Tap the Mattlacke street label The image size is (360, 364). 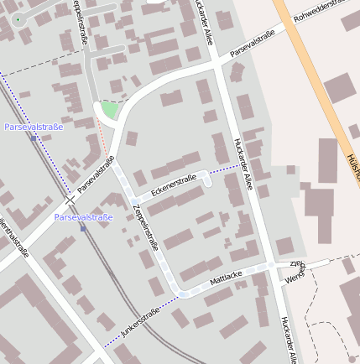click(226, 278)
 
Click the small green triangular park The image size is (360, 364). click(107, 110)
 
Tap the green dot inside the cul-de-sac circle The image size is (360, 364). click(18, 18)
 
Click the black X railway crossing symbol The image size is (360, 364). click(70, 200)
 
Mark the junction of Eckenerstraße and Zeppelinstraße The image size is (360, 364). click(133, 201)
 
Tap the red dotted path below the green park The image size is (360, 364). click(103, 138)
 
